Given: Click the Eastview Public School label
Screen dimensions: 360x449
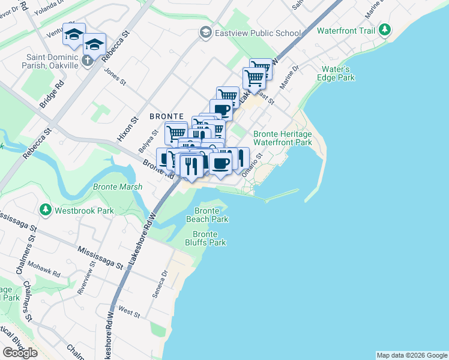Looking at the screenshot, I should [259, 32].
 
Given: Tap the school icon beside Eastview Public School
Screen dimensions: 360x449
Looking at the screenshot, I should [206, 32].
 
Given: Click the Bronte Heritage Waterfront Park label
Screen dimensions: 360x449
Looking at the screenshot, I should [283, 139].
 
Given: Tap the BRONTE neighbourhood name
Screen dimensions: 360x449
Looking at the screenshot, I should [167, 116].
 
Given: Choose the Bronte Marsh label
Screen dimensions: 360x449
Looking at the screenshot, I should [118, 187].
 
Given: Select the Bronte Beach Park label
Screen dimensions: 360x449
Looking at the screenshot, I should [211, 215].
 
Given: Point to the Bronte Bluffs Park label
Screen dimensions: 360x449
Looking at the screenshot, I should [209, 238].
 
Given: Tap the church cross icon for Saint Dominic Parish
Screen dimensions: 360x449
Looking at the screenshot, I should [87, 60].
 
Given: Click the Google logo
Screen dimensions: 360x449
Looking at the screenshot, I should [20, 353].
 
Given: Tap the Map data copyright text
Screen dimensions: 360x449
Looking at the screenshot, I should [411, 355].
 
